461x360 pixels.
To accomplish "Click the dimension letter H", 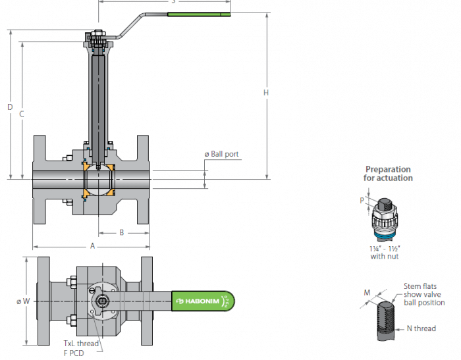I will pos(266,93).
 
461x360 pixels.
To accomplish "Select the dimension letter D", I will pos(9,107).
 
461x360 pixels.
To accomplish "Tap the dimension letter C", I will pos(22,114).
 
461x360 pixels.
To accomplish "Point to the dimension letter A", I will pos(92,245).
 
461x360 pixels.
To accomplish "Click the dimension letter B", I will pos(122,232).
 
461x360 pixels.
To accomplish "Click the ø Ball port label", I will pos(222,155).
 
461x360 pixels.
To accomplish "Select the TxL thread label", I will pos(81,344).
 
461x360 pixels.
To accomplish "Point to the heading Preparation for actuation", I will pos(388,174).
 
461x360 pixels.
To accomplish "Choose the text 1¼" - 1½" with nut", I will pos(385,252).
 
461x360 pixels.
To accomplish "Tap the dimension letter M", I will pos(367,292).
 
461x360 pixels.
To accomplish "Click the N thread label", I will pos(421,328).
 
